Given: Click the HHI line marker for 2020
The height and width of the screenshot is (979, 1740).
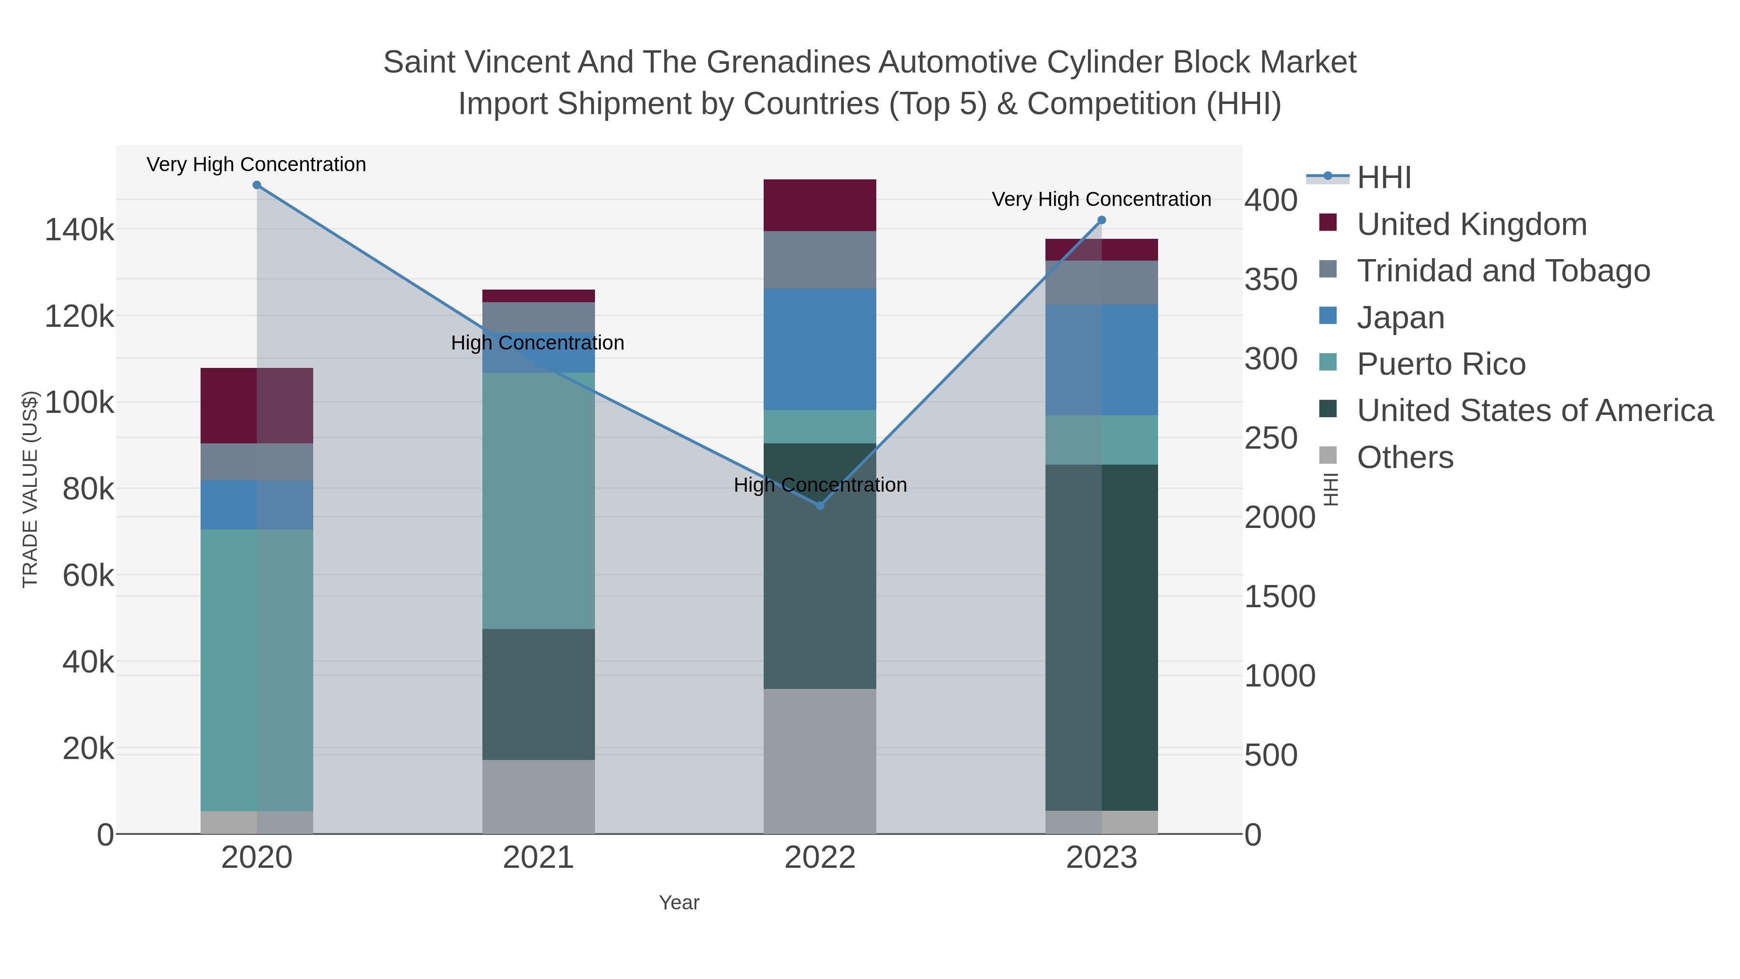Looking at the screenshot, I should (x=257, y=185).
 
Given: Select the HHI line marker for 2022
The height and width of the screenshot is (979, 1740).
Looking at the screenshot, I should (x=820, y=505).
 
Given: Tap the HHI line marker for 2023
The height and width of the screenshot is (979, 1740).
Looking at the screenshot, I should (x=1102, y=220).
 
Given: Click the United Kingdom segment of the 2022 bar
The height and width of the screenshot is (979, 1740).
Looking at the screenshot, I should (x=820, y=205).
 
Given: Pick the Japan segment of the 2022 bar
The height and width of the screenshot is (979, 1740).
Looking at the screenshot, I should (x=820, y=350).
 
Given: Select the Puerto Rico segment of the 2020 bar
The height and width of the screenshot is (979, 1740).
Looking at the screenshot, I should (x=257, y=670).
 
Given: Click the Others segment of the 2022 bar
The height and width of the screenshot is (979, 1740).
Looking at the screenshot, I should (x=820, y=761).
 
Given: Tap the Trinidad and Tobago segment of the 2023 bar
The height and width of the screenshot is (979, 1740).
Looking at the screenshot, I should (x=1102, y=282).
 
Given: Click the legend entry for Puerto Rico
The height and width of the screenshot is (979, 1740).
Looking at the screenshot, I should (x=1441, y=364).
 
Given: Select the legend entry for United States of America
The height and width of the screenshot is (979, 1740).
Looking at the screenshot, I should (x=1534, y=411).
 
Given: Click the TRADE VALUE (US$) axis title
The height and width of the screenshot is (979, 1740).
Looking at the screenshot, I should (x=30, y=489).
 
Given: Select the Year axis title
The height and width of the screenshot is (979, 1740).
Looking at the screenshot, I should (x=679, y=903).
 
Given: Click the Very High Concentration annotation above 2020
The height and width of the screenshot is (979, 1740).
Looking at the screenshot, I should (x=257, y=164).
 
